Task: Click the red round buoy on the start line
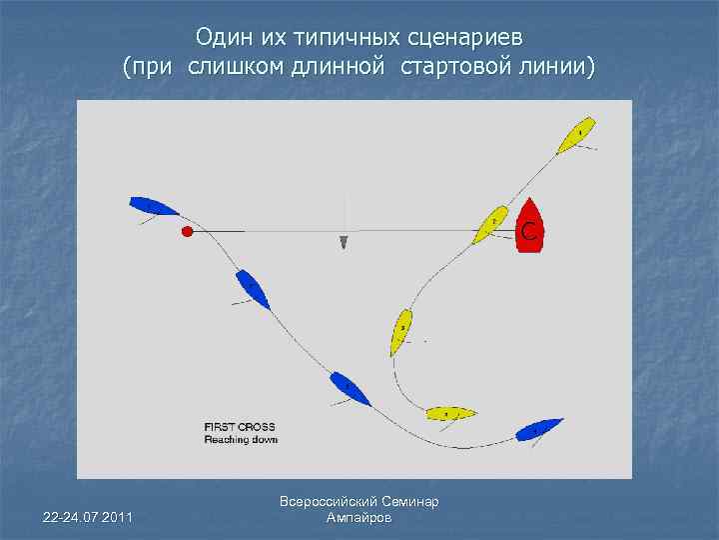187,232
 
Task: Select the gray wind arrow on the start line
344,241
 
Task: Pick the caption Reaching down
241,439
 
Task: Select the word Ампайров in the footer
359,518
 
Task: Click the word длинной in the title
338,68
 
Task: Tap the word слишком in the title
222,68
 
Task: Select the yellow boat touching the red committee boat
488,226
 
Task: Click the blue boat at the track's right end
539,429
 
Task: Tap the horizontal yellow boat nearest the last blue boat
450,413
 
